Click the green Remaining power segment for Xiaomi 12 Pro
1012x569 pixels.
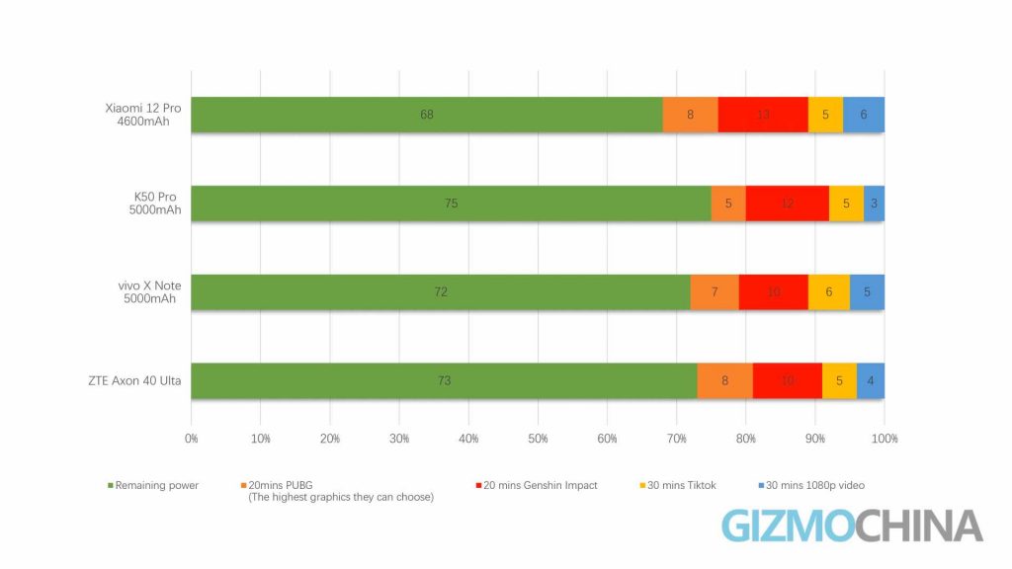426,115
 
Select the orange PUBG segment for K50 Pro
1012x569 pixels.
728,203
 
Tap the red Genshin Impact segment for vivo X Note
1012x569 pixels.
774,292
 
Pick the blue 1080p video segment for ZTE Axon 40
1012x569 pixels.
871,381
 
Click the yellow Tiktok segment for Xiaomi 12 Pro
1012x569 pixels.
825,115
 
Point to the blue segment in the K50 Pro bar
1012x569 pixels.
874,203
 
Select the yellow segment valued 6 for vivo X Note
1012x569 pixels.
828,292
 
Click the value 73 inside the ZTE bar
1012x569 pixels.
444,381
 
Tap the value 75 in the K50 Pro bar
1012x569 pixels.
451,203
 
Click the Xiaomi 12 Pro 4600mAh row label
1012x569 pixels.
143,115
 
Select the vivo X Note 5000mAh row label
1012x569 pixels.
147,292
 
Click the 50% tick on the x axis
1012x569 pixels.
538,438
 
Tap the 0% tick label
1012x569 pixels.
192,438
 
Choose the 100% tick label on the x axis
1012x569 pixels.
884,438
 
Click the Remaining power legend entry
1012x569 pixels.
156,485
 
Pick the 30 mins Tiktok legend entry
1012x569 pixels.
681,485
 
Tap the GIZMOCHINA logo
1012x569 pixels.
852,526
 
